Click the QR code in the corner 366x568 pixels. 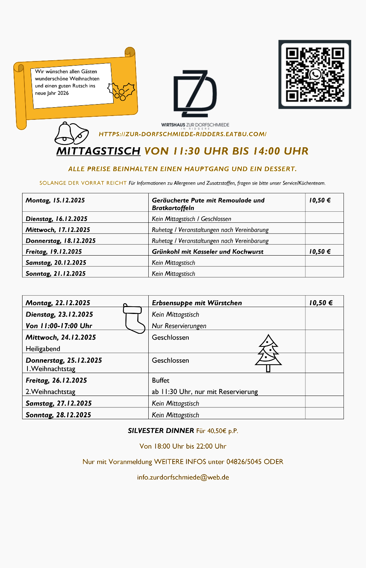click(315, 74)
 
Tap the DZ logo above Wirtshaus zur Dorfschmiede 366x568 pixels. click(195, 93)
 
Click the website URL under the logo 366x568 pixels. click(182, 134)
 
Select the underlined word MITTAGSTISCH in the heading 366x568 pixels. click(98, 151)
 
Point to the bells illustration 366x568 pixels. click(71, 134)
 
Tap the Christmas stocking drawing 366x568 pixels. click(133, 319)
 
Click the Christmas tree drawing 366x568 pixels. click(268, 353)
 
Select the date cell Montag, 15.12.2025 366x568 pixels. click(55, 200)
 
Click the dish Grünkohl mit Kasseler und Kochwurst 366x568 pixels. click(207, 252)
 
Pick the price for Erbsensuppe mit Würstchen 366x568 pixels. click(321, 303)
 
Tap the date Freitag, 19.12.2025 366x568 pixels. click(54, 252)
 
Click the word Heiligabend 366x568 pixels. click(43, 349)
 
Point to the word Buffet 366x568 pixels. click(161, 380)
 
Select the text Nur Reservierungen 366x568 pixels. click(179, 326)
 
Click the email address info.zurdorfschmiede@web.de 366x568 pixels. click(183, 477)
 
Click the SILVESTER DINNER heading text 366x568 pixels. click(161, 431)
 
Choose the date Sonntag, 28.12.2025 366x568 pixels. click(58, 415)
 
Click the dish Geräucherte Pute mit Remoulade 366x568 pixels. click(208, 201)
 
